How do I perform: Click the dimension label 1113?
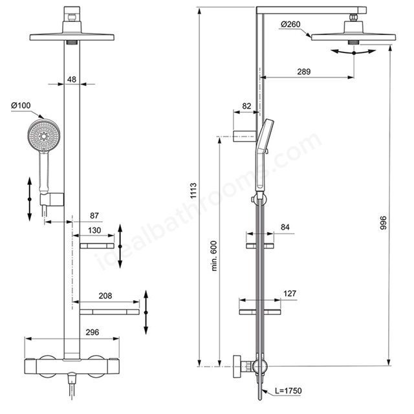click(x=193, y=190)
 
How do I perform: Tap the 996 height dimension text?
click(x=383, y=223)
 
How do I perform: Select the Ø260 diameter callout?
click(x=290, y=25)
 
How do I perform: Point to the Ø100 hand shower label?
click(x=21, y=105)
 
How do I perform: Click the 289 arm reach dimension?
click(x=303, y=72)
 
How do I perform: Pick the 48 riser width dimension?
click(x=72, y=79)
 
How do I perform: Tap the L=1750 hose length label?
click(x=289, y=391)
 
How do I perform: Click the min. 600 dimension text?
click(x=214, y=256)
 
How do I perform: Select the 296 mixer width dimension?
click(x=92, y=332)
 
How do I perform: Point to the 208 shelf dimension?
click(x=105, y=296)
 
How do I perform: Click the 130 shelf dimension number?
click(x=94, y=230)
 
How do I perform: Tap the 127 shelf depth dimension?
click(x=290, y=293)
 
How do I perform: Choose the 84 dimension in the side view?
click(x=285, y=227)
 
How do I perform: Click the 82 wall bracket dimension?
click(x=246, y=106)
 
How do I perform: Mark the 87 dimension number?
click(x=94, y=215)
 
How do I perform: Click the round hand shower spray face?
click(x=43, y=136)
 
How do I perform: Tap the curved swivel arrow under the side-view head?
click(x=354, y=52)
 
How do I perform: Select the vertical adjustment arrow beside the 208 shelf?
click(x=146, y=312)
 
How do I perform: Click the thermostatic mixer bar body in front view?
click(x=72, y=366)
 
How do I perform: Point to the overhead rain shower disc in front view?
click(x=72, y=37)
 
